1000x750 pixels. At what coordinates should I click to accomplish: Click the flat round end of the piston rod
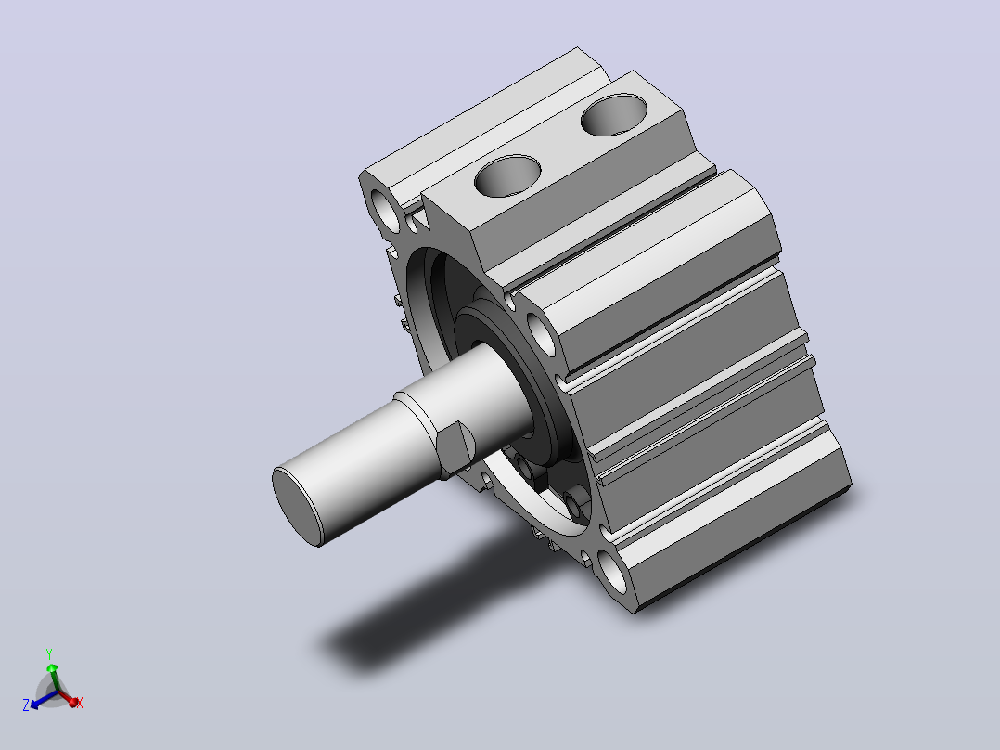click(299, 506)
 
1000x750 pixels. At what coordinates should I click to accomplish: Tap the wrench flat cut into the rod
click(457, 448)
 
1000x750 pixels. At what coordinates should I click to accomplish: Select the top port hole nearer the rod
click(507, 175)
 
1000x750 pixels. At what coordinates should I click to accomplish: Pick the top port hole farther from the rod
click(614, 114)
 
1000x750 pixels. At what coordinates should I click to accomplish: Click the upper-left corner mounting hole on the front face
click(387, 211)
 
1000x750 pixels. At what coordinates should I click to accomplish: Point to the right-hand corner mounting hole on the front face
click(542, 332)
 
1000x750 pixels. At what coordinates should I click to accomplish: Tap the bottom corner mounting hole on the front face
click(613, 572)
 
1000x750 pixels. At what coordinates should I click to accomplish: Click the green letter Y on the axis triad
click(49, 654)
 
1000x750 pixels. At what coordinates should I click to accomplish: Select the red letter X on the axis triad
click(80, 704)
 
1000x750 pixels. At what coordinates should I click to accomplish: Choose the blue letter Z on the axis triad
click(26, 705)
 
